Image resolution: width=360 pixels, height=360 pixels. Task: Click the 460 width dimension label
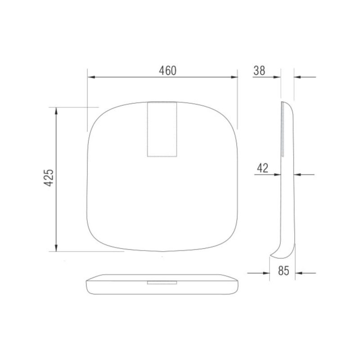(167, 71)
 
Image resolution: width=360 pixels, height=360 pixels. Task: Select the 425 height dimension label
(49, 178)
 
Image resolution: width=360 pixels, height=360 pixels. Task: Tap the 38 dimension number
(259, 71)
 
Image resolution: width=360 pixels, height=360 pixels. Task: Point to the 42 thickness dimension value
(262, 168)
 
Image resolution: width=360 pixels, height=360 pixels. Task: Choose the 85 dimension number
(283, 271)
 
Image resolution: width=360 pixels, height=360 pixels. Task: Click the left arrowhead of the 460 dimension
(91, 77)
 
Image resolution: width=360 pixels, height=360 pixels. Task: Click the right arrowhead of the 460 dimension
(234, 77)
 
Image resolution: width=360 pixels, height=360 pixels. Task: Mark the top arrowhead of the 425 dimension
(56, 111)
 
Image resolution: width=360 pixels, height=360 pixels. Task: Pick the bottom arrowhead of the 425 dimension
(56, 248)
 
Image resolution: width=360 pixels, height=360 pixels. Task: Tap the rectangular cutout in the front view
(162, 129)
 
